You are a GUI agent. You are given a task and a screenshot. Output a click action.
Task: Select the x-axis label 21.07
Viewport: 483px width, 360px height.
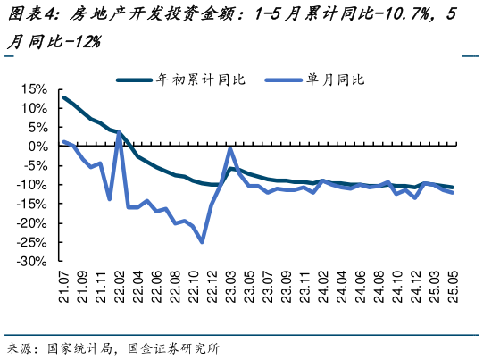click(x=64, y=289)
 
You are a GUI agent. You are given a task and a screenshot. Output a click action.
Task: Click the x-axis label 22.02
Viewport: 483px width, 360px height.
click(x=120, y=289)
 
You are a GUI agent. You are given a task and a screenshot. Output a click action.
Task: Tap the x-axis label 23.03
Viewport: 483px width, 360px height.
click(x=231, y=289)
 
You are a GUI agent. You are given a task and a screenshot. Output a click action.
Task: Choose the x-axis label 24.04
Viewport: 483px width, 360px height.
click(x=343, y=289)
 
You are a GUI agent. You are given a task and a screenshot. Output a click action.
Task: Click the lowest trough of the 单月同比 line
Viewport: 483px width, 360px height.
click(x=203, y=242)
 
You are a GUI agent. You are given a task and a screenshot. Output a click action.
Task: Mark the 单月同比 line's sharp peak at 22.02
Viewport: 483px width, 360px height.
click(x=119, y=134)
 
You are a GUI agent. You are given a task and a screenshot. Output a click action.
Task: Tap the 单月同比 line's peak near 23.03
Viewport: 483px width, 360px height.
click(x=230, y=148)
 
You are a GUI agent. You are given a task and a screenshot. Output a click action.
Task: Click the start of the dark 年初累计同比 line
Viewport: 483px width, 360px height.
click(x=63, y=96)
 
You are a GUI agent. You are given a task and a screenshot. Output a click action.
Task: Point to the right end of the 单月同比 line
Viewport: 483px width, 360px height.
click(x=454, y=192)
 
